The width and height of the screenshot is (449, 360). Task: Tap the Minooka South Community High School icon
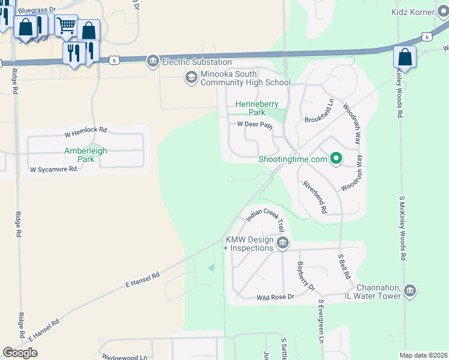tap(191, 77)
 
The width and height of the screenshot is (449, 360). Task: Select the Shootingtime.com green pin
tap(337, 159)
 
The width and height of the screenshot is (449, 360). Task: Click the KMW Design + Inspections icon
tap(282, 243)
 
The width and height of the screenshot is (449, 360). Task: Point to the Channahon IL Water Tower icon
tap(410, 292)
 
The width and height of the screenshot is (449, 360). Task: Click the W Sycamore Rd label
tap(53, 169)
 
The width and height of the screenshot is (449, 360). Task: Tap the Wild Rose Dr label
tap(275, 297)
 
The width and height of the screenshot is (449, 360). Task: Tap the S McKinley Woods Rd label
tap(402, 227)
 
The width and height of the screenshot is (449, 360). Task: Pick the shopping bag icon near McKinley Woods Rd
tap(405, 58)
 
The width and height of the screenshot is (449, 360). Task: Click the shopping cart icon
tap(66, 25)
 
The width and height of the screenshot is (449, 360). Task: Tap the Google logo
tap(20, 353)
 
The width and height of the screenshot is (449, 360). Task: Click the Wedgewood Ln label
tap(124, 358)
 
